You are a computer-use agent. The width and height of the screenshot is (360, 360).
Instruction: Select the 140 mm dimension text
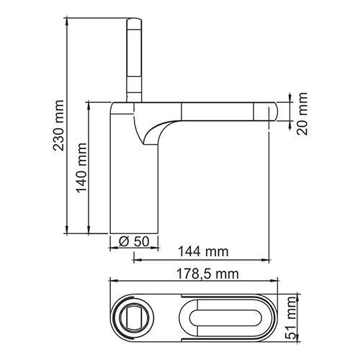pos(81,177)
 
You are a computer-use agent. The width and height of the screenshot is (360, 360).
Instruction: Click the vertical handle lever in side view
pos(135,54)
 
